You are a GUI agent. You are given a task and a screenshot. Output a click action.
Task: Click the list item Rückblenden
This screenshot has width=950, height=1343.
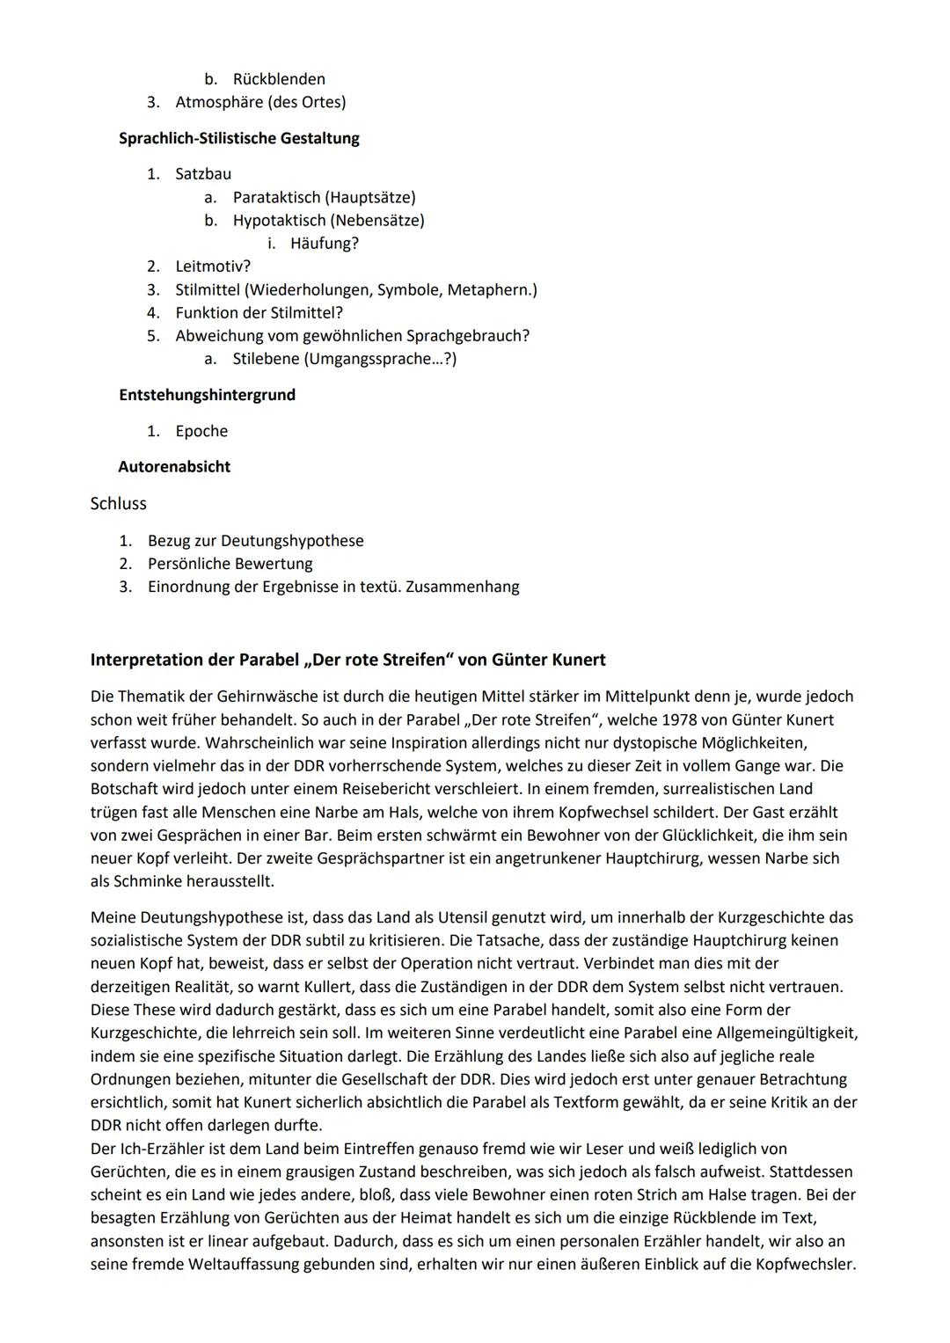pyautogui.click(x=278, y=79)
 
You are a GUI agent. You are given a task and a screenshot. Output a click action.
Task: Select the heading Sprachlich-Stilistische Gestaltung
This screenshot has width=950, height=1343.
pyautogui.click(x=238, y=138)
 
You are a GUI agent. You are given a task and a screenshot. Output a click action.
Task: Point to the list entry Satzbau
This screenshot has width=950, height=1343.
pyautogui.click(x=203, y=174)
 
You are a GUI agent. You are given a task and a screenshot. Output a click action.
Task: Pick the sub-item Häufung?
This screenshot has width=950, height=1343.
pyautogui.click(x=324, y=243)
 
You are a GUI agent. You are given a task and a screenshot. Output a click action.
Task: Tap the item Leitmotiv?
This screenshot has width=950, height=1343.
pyautogui.click(x=213, y=266)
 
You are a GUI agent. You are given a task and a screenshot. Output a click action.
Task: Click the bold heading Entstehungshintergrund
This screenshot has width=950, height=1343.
pyautogui.click(x=207, y=395)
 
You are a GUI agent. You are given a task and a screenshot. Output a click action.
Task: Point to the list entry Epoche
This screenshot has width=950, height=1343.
pyautogui.click(x=201, y=431)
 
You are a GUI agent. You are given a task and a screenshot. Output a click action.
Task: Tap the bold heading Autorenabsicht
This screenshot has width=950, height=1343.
pyautogui.click(x=174, y=467)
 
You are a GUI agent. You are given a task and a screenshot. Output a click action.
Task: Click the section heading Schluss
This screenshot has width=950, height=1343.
pyautogui.click(x=118, y=504)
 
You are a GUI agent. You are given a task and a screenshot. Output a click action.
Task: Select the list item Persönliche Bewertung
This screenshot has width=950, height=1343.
pyautogui.click(x=230, y=564)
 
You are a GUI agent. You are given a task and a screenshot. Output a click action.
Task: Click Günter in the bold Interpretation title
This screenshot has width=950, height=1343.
pyautogui.click(x=519, y=660)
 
